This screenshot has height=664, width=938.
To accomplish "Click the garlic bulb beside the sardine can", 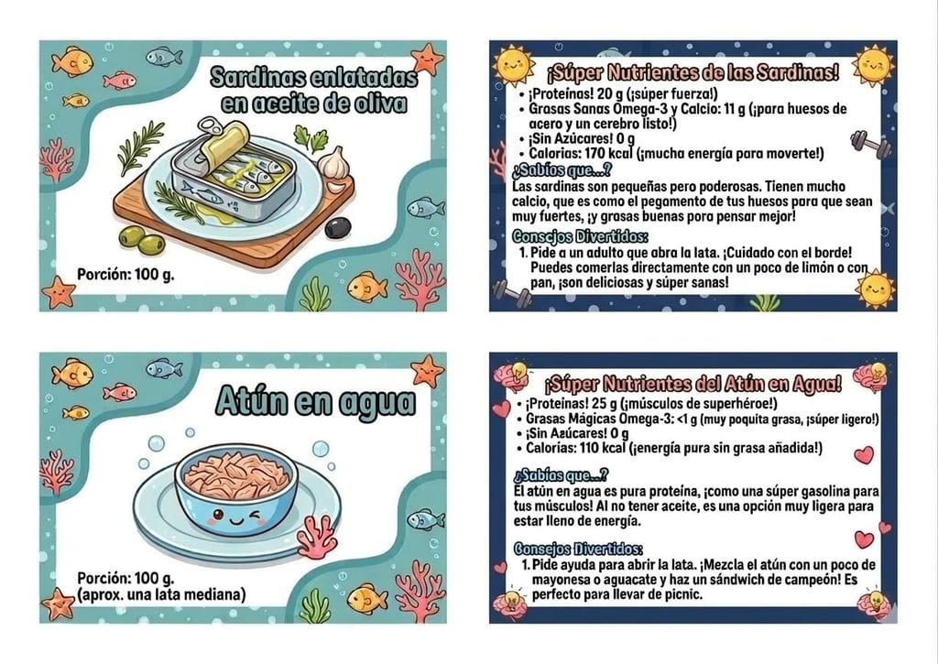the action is click(x=333, y=163).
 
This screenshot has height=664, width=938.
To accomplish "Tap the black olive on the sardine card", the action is click(x=338, y=227).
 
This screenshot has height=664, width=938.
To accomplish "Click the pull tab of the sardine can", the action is click(x=210, y=126).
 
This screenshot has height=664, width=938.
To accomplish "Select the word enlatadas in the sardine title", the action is click(x=365, y=77).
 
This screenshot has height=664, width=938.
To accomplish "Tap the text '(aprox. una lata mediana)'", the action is click(x=161, y=594).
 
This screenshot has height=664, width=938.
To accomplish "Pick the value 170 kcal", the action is click(x=608, y=154).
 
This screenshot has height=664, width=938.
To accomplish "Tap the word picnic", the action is click(x=684, y=594).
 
